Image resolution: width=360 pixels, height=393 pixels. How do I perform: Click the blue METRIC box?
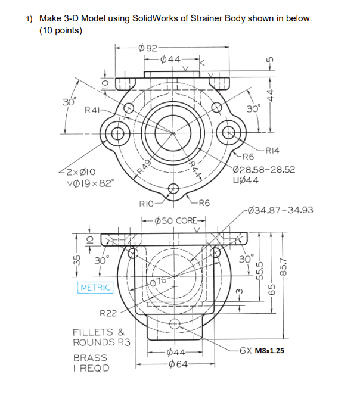coord(95,288)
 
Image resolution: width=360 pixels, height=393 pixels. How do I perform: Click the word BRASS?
coord(90,358)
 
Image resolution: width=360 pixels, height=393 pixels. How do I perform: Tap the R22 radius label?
coord(108,313)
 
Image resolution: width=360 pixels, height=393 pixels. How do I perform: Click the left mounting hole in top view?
coord(117,132)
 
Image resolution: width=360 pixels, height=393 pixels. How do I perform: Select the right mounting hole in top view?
coord(229,132)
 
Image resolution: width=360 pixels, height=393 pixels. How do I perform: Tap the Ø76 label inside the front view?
coord(158,280)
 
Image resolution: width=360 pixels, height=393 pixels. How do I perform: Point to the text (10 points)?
coord(60,30)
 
